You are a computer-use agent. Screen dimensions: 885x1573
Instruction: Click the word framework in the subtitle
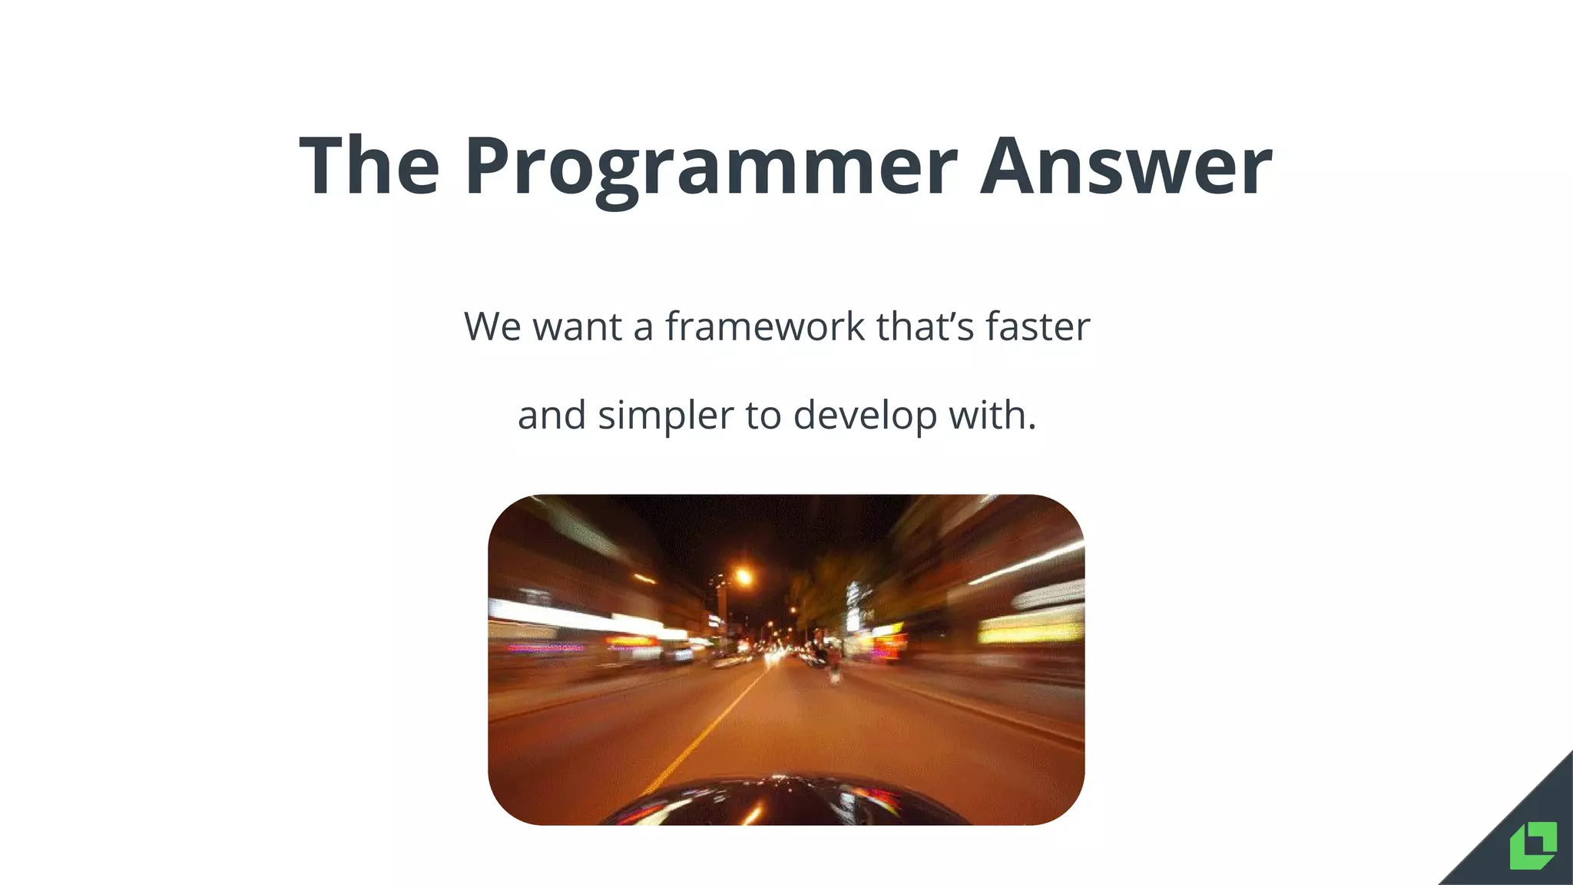click(x=765, y=326)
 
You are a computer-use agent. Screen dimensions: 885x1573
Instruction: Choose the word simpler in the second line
click(x=665, y=416)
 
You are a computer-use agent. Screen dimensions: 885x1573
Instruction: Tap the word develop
click(x=865, y=416)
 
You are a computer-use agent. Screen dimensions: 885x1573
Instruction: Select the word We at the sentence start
click(x=492, y=326)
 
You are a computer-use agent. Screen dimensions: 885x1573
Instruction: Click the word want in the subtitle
click(x=577, y=326)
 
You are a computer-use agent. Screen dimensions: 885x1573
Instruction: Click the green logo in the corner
click(x=1533, y=845)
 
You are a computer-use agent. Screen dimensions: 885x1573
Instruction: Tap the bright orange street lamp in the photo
click(x=742, y=576)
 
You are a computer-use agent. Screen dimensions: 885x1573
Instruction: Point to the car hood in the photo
click(x=783, y=803)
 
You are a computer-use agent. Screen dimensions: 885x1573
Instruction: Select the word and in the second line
click(x=551, y=416)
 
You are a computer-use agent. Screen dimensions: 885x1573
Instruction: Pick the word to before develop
click(x=763, y=416)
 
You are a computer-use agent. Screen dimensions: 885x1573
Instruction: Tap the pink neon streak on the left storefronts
click(x=545, y=648)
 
